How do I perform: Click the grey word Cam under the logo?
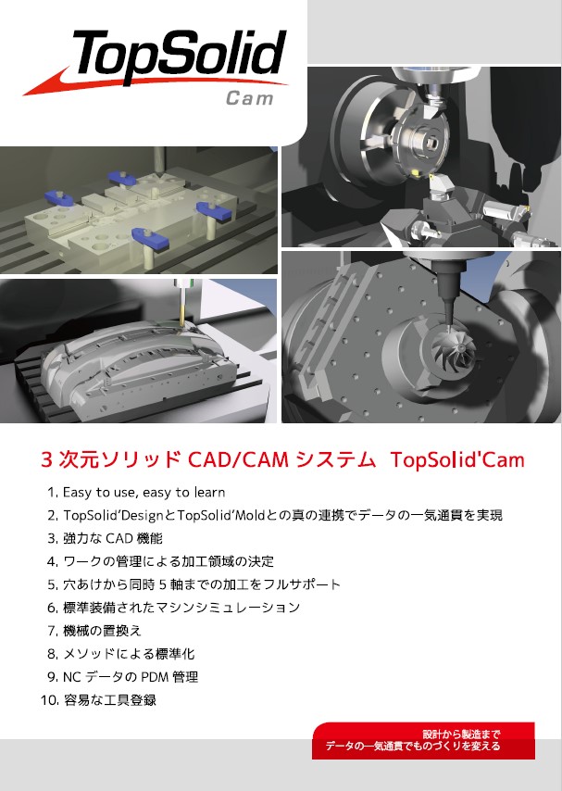coord(250,98)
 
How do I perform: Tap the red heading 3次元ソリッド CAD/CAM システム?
coord(207,459)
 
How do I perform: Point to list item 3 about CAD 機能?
coord(105,538)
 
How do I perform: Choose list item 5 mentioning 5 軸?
coord(194,584)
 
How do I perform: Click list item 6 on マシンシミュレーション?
coord(173,608)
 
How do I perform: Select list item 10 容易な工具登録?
coord(98,699)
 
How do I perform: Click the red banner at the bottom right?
coord(423,740)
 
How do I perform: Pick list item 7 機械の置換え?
coord(94,631)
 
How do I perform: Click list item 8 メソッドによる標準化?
coord(121,654)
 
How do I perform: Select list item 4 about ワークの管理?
coord(160,561)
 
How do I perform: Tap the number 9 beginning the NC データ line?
coord(51,677)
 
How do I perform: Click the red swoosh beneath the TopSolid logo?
coord(151,82)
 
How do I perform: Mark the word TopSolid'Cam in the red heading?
coord(457,459)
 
